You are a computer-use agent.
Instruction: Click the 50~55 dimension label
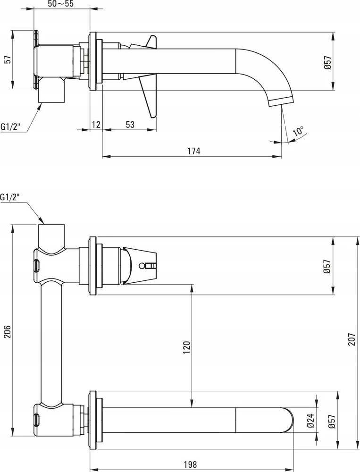point(60,4)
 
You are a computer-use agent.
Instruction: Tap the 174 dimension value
point(194,151)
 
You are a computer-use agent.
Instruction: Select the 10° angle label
point(299,131)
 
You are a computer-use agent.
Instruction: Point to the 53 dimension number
point(130,124)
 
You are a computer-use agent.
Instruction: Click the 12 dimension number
point(96,124)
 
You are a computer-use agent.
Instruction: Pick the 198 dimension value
point(190,464)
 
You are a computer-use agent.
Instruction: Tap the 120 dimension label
point(187,347)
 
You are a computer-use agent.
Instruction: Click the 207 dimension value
point(352,339)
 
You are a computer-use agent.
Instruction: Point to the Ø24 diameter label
point(311,421)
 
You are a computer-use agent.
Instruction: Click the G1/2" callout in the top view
point(10,126)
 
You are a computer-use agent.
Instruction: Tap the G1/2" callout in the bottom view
point(10,197)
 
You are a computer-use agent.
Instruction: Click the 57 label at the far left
point(8,59)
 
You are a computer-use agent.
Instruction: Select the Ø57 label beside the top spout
point(328,63)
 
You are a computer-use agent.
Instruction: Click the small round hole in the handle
point(141,266)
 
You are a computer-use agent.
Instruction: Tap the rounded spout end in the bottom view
point(288,420)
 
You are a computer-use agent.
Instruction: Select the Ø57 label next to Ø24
point(332,421)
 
